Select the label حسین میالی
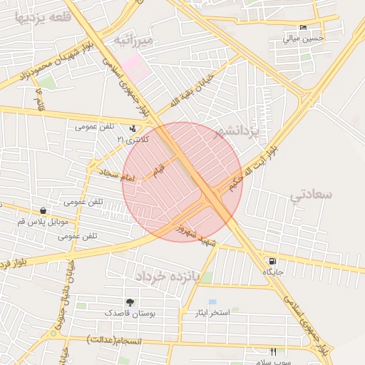pos(304,38)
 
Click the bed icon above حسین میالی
pos(304,28)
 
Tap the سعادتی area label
pos(312,194)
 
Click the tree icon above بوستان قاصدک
pos(130,302)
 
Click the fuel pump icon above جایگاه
pos(272,262)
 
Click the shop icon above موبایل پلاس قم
pos(44,211)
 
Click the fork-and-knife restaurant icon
pos(273,351)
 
